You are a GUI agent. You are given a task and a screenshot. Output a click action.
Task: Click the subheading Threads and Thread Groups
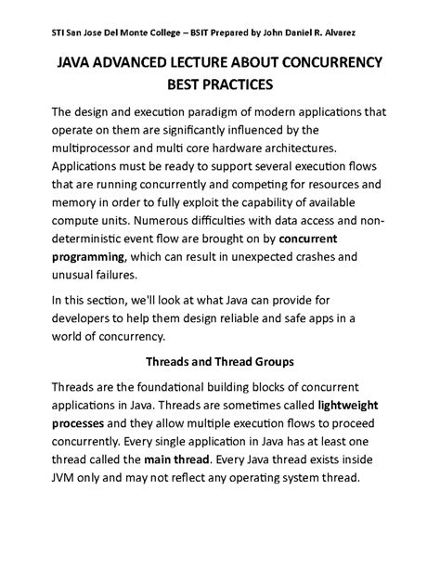pyautogui.click(x=219, y=361)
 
